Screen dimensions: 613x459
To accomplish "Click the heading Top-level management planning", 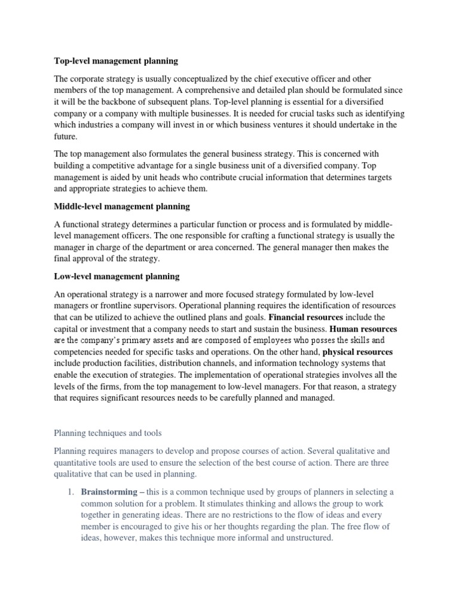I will click(116, 61).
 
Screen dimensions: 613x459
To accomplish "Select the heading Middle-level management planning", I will click(122, 207).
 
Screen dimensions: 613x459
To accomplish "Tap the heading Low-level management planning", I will click(117, 277).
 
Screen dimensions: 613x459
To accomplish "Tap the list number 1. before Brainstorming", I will click(70, 492).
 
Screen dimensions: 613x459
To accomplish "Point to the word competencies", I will click(81, 352).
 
